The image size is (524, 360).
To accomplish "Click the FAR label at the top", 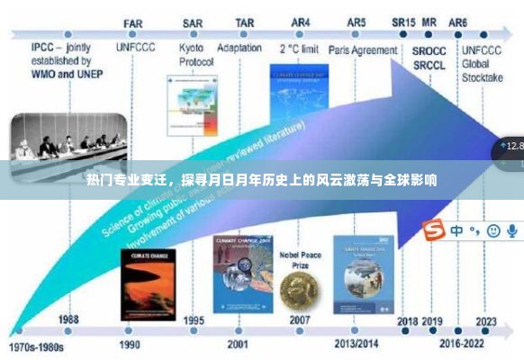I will (132, 23).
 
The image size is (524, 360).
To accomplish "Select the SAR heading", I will (192, 23).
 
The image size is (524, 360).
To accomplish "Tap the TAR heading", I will (244, 23).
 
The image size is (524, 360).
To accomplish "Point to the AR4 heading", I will (300, 23).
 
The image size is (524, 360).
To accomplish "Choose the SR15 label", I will (403, 22).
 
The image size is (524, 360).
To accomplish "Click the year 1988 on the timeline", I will (68, 319).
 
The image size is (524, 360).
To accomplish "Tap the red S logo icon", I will (435, 231).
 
